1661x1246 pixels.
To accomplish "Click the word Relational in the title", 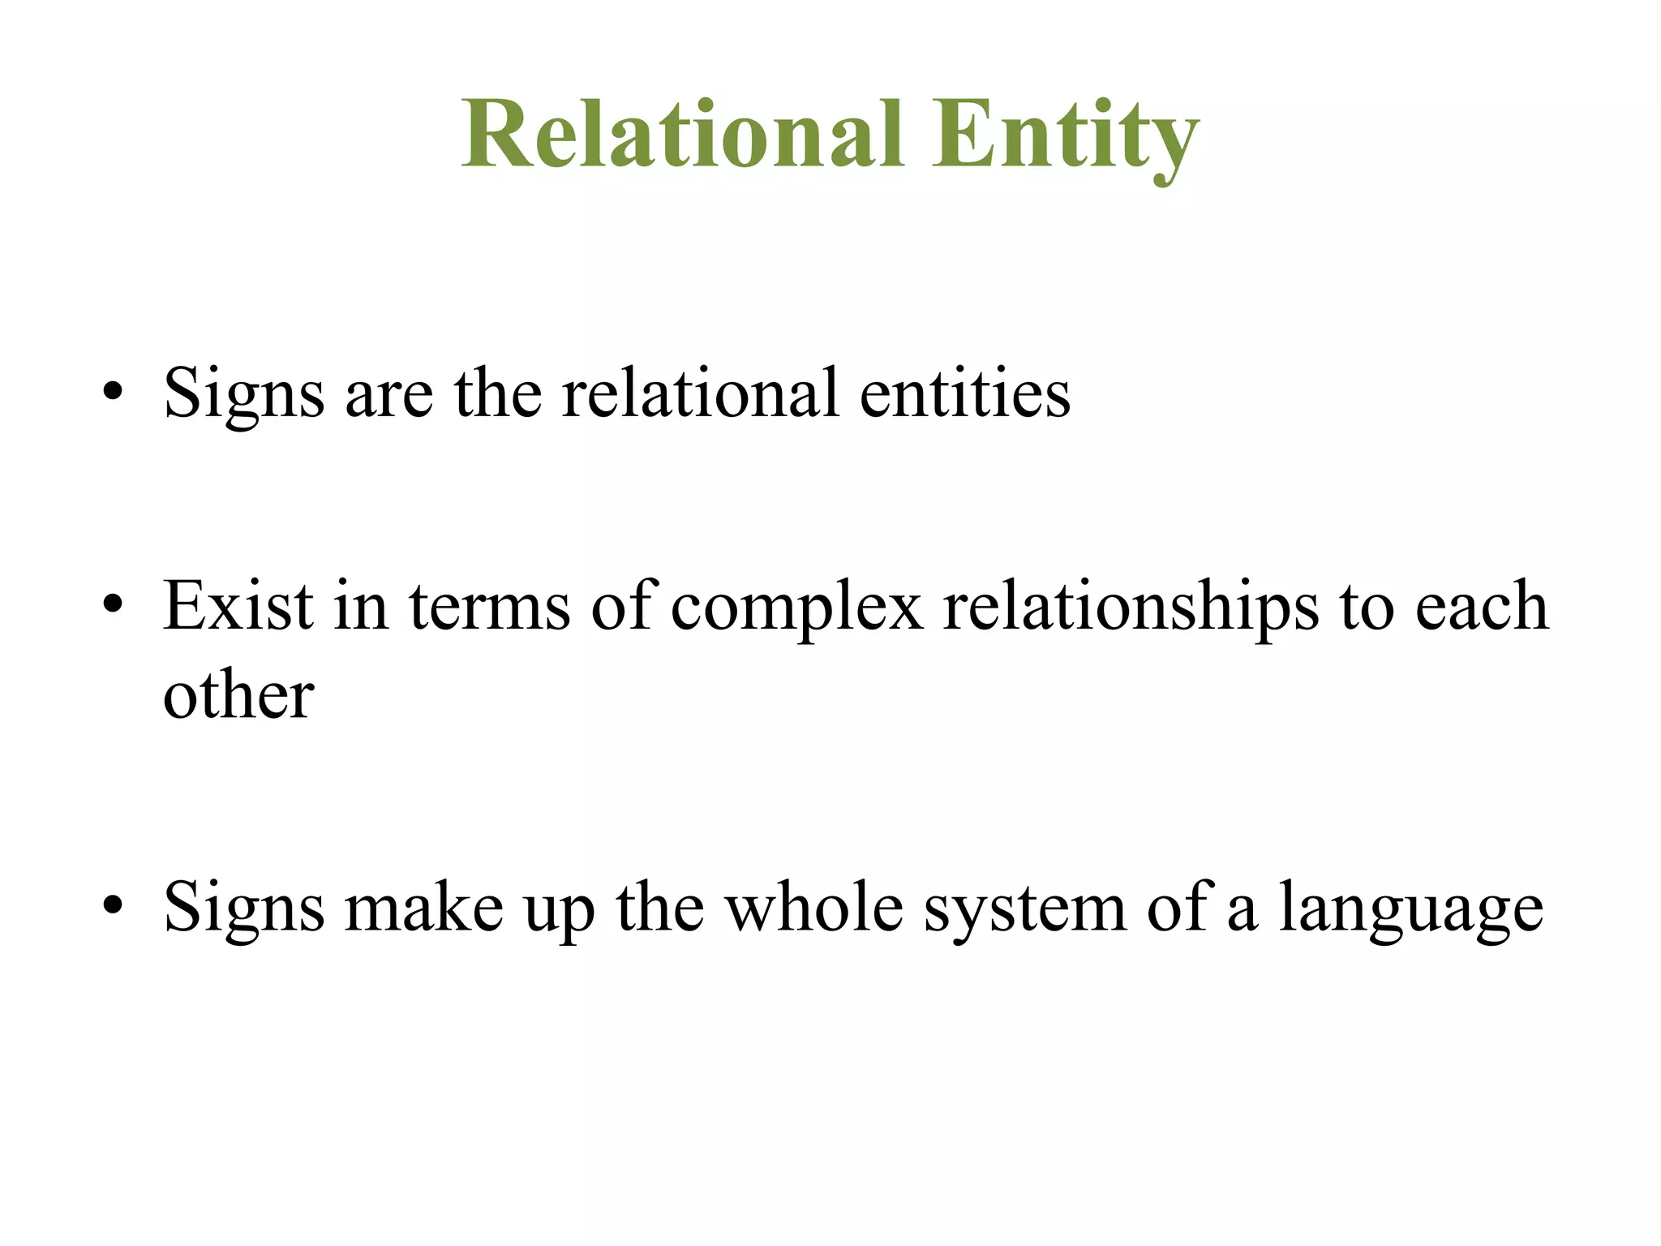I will click(x=682, y=134).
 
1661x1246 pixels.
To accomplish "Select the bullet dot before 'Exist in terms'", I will click(x=114, y=605).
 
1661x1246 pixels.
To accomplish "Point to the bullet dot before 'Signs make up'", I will click(x=114, y=905).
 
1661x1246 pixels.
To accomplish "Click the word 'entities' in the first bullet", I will click(x=964, y=393).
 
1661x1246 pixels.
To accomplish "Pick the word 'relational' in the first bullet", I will click(x=700, y=393).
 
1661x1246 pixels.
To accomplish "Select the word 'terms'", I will click(x=490, y=608).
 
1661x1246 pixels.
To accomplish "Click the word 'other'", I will click(x=238, y=695).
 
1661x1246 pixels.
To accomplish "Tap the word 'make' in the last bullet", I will click(x=424, y=908).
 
